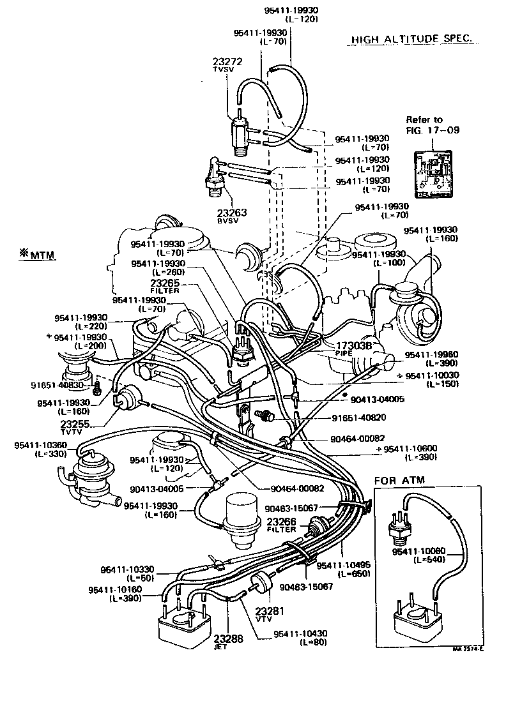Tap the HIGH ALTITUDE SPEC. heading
(x=412, y=40)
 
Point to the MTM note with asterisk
(x=37, y=255)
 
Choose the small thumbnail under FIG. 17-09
(x=432, y=174)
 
